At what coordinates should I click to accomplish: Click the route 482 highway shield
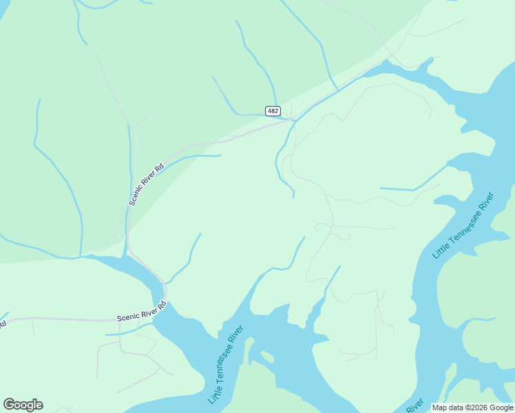[273, 111]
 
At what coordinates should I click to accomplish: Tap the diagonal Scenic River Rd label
[147, 184]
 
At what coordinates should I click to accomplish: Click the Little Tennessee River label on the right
[463, 225]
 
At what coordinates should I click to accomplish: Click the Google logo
[23, 405]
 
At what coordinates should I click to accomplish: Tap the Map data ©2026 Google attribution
[472, 407]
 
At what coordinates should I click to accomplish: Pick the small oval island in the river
[264, 357]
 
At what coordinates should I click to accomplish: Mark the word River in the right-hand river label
[485, 202]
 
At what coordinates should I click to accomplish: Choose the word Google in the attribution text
[501, 407]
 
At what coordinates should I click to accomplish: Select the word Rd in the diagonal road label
[160, 167]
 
